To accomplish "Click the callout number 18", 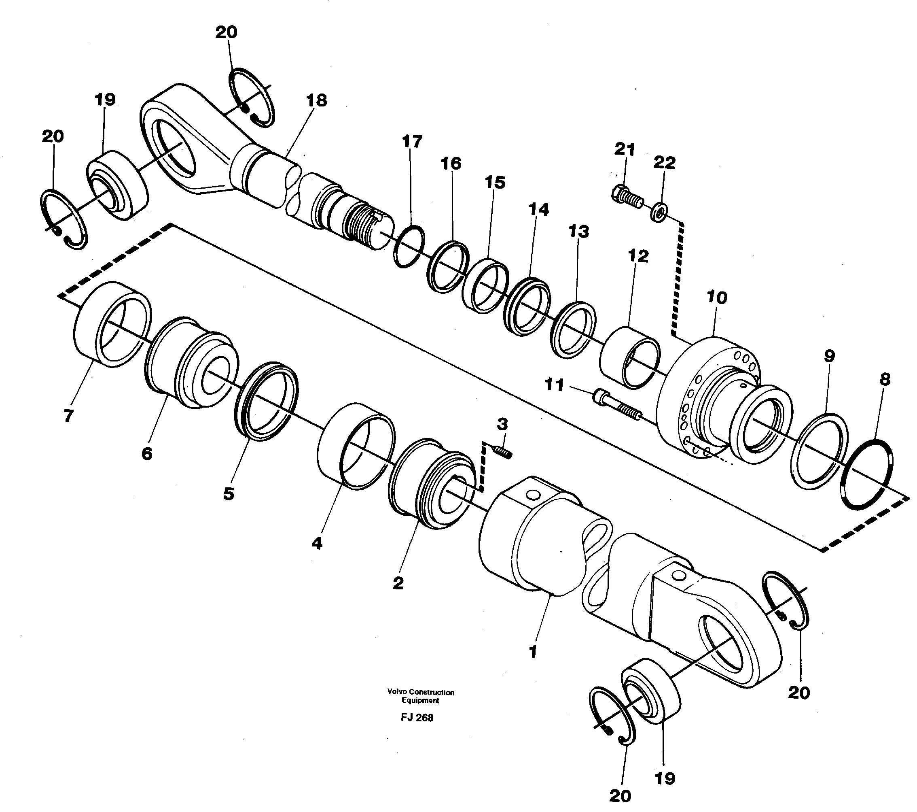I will click(317, 100).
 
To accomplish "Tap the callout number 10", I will click(716, 297).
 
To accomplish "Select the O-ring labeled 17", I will click(408, 246).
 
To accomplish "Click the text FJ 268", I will click(417, 717).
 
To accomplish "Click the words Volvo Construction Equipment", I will click(420, 696).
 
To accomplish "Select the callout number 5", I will click(229, 494).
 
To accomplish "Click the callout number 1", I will click(533, 652).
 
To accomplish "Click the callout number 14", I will click(538, 210).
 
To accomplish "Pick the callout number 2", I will click(398, 583).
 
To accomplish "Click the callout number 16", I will click(451, 164).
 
